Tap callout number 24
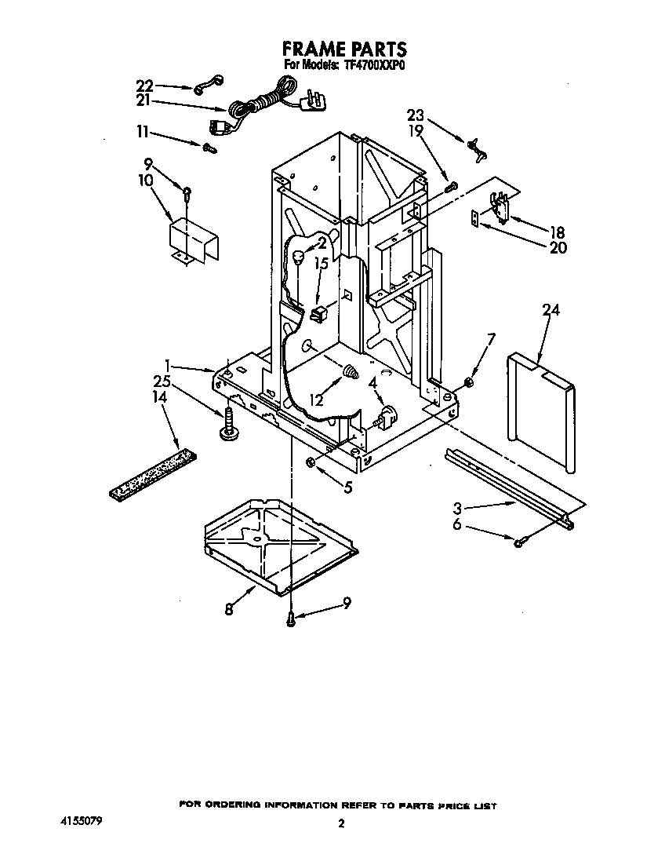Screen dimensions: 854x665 pyautogui.click(x=551, y=310)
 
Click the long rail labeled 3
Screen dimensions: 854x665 pyautogui.click(x=510, y=487)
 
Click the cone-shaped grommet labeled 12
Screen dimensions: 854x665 pyautogui.click(x=351, y=372)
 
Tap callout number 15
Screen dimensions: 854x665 pyautogui.click(x=320, y=265)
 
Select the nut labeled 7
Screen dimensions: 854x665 pyautogui.click(x=467, y=382)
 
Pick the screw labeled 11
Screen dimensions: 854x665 pyautogui.click(x=209, y=147)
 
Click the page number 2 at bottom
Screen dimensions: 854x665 pyautogui.click(x=340, y=823)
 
